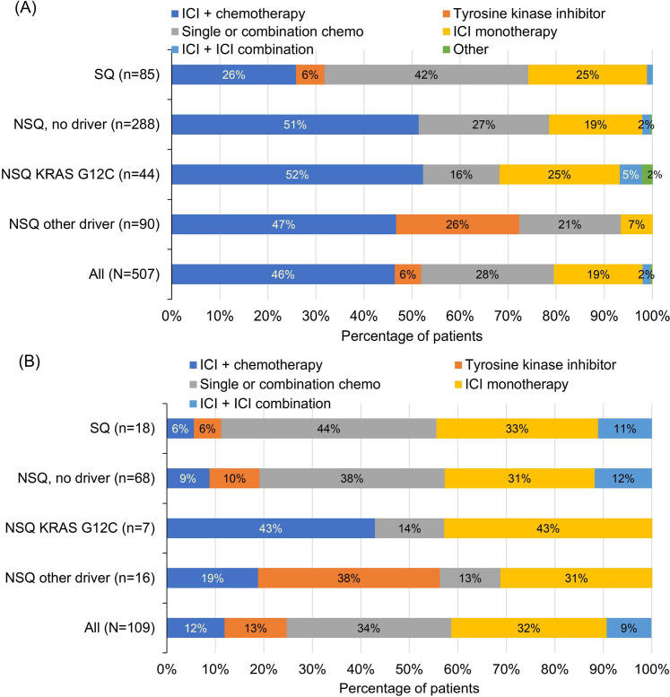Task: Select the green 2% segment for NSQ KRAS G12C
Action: (648, 175)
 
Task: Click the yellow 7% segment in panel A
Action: (636, 225)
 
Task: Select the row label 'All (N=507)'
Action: (121, 275)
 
